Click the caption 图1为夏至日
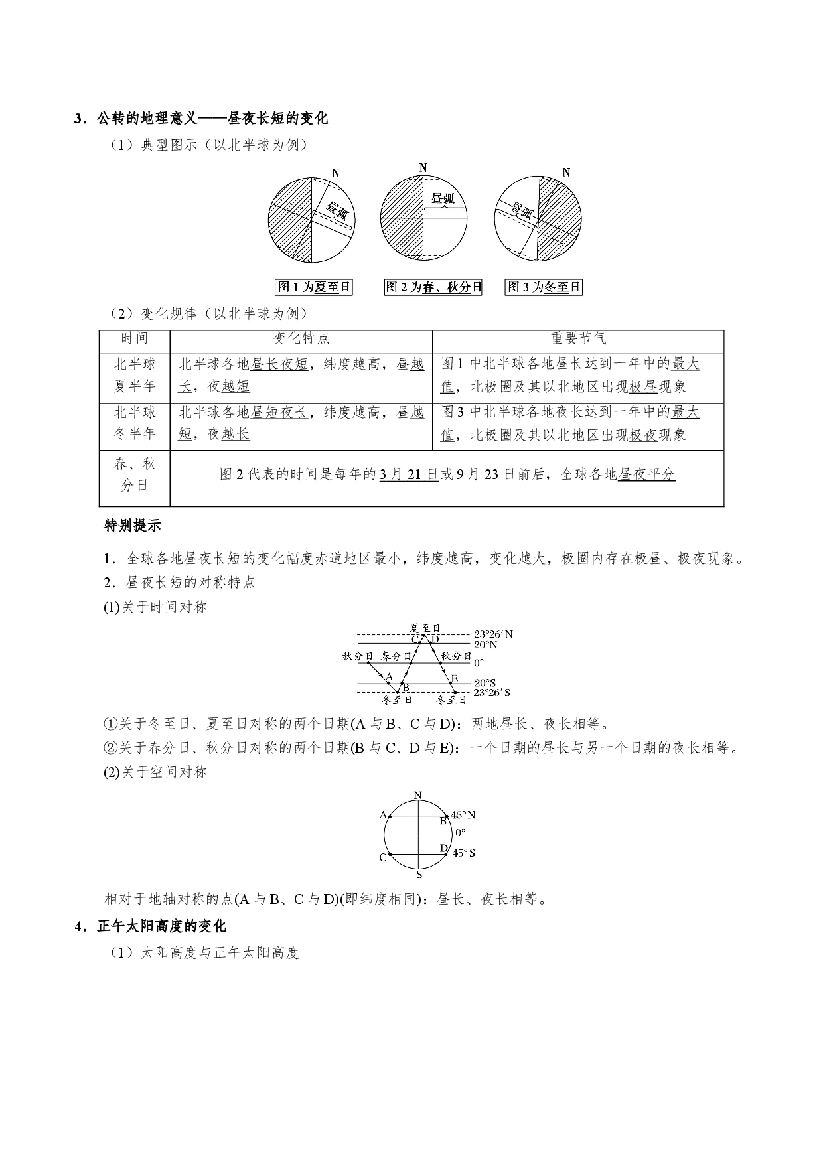(x=313, y=287)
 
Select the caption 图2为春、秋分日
(x=433, y=287)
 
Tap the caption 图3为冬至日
(x=544, y=287)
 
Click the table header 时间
(x=135, y=338)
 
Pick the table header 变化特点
(x=301, y=338)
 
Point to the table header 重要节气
(x=578, y=338)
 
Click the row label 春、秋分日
(x=135, y=474)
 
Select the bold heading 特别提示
(x=133, y=526)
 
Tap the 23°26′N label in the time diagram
(x=493, y=634)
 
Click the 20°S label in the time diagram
(x=485, y=682)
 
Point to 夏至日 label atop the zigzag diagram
(x=425, y=628)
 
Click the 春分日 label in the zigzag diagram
(x=396, y=656)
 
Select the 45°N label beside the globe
(x=463, y=815)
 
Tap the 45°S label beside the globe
(x=463, y=853)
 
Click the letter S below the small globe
(x=419, y=875)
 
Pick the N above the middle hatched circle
(x=423, y=168)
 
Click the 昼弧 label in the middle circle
(x=442, y=198)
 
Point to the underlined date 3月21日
(x=409, y=474)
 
